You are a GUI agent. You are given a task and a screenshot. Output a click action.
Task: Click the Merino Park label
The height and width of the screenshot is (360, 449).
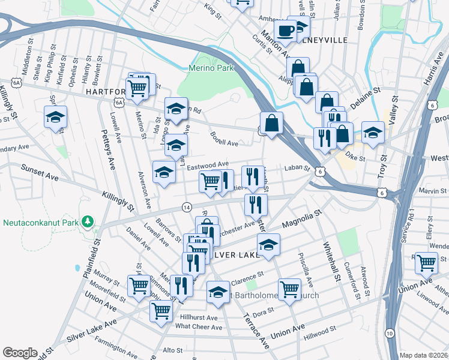(x=211, y=68)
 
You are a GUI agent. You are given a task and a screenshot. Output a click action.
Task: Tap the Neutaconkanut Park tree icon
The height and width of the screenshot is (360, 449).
(x=88, y=222)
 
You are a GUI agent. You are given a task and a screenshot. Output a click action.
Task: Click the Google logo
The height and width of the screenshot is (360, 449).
(x=20, y=353)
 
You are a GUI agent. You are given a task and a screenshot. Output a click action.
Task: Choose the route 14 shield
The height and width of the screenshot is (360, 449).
(x=187, y=206)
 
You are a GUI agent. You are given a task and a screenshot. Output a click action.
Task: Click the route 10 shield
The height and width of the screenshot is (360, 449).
(x=390, y=333)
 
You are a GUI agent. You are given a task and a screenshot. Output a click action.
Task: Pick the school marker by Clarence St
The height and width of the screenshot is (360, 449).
(x=217, y=291)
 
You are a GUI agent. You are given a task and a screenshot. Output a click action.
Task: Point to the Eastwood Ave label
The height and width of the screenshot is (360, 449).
(x=208, y=164)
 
